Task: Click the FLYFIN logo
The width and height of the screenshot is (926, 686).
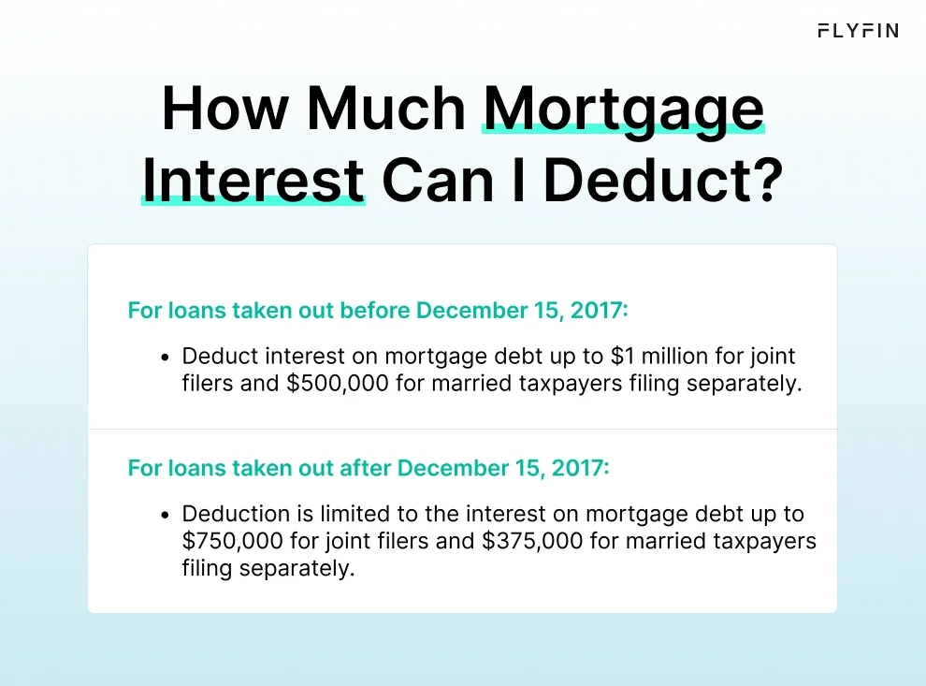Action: (x=857, y=31)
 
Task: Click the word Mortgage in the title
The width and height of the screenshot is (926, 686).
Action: (x=623, y=110)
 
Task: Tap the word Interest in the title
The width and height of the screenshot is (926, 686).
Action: (x=253, y=180)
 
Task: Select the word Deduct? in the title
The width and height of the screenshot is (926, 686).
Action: (x=662, y=180)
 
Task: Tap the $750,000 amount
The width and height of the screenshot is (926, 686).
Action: (x=229, y=541)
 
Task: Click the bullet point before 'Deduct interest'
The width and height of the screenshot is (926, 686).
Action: (x=165, y=358)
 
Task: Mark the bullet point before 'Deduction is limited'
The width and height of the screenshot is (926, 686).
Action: (x=165, y=515)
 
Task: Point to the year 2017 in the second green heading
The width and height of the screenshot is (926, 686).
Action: (x=583, y=467)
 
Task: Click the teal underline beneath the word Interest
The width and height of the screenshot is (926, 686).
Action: (x=253, y=199)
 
